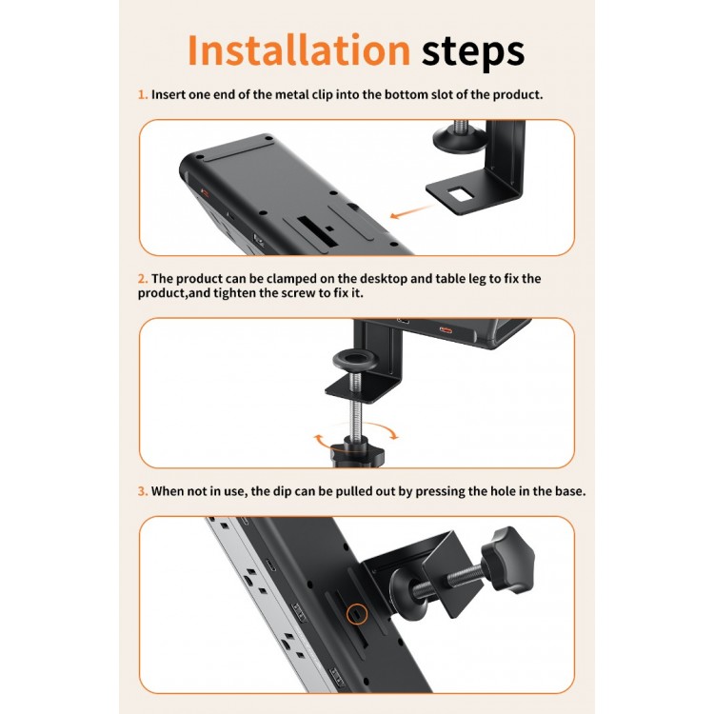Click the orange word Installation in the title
[x=299, y=50]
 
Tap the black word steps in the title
[x=472, y=53]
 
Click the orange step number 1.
[x=143, y=94]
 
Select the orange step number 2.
[x=143, y=279]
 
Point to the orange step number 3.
[x=143, y=491]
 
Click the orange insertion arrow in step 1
[x=412, y=211]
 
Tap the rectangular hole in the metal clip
[x=459, y=194]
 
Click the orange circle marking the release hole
[x=357, y=614]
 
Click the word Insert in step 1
[x=168, y=94]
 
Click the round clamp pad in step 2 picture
[x=356, y=361]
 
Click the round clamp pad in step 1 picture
[x=460, y=139]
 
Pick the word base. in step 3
[x=570, y=491]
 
